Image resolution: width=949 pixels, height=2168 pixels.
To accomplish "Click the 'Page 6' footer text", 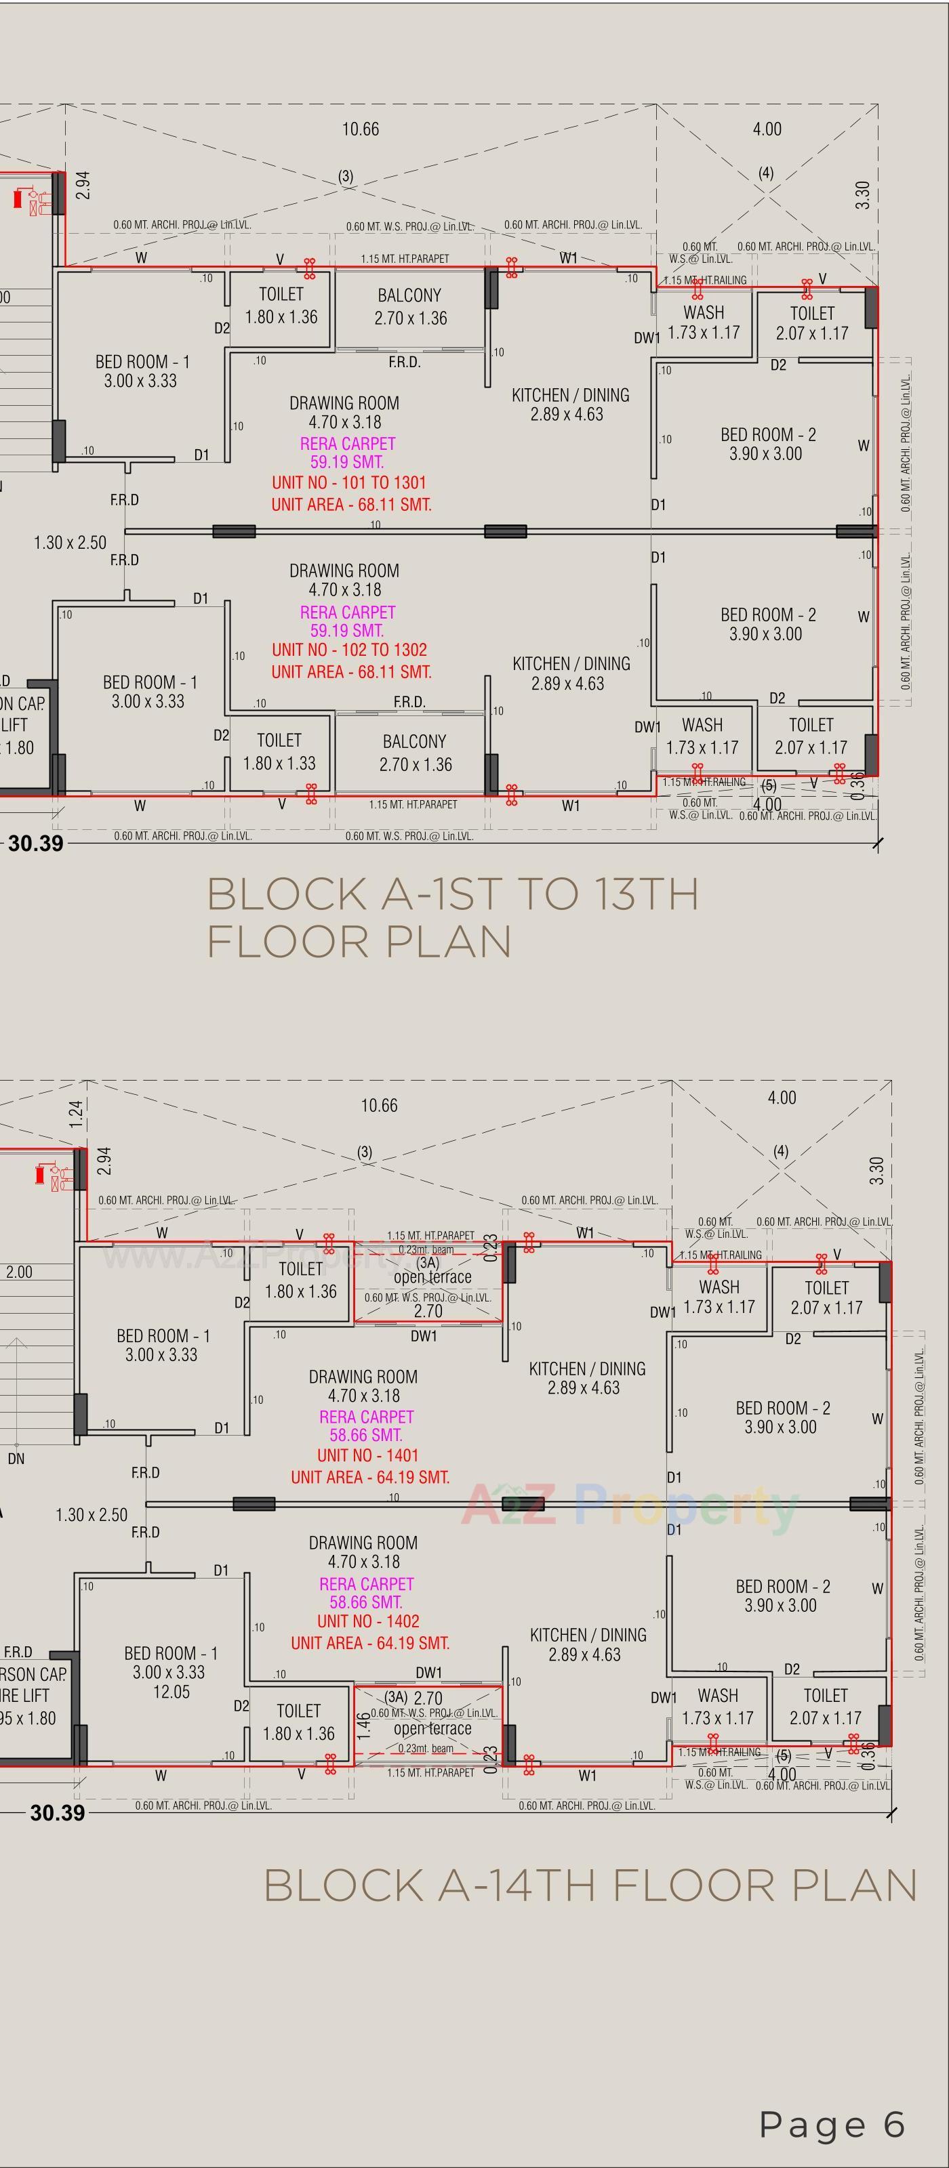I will (832, 2123).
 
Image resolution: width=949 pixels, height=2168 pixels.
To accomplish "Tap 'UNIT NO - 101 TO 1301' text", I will (348, 483).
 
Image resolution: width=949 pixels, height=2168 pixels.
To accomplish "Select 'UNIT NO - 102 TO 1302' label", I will (348, 650).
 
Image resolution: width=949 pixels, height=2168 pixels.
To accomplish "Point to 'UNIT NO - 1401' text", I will (367, 1455).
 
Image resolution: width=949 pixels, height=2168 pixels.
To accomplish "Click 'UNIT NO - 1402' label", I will (367, 1621).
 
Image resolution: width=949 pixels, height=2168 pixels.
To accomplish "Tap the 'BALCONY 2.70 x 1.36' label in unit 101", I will (410, 307).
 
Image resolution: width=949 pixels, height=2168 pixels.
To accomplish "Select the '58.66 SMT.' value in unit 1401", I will (365, 1435).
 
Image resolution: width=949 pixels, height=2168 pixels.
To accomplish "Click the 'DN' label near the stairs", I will (16, 1459).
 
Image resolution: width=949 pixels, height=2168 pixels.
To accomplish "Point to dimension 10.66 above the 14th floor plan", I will (379, 1105).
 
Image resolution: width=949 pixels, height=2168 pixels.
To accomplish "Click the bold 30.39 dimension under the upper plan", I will (35, 843).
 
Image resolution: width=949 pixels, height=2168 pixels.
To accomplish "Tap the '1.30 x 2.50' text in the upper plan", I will (70, 543).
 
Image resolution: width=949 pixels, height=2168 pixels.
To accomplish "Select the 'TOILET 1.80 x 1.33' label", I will (279, 751).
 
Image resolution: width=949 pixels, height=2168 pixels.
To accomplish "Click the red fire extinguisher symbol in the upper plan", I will (18, 199).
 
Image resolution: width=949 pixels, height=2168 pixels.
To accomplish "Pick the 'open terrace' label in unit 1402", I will (432, 1729).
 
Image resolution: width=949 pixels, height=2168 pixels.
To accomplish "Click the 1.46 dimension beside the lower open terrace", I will (363, 1726).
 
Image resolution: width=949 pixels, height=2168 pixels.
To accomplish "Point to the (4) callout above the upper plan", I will (765, 173).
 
